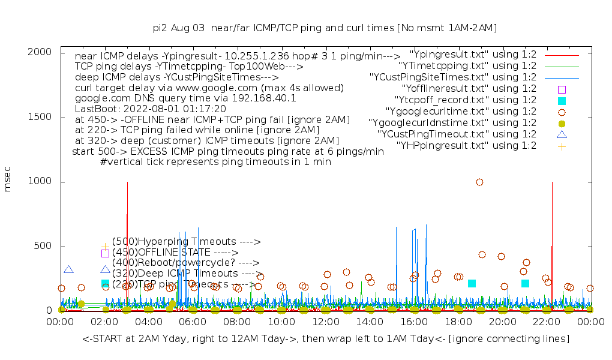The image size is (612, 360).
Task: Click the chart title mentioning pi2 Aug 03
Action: (325, 28)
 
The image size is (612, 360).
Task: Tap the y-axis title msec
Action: (8, 181)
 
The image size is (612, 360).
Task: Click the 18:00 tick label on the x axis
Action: (458, 322)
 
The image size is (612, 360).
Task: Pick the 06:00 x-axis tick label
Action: (193, 322)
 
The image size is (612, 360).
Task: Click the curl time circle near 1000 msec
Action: (479, 182)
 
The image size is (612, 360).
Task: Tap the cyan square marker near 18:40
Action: (472, 283)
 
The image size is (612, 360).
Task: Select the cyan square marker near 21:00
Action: (525, 283)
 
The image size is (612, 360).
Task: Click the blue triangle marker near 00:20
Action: (68, 270)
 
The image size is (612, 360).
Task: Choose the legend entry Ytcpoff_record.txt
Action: (466, 100)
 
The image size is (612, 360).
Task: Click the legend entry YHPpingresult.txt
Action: (466, 146)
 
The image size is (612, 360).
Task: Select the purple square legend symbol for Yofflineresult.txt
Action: (562, 89)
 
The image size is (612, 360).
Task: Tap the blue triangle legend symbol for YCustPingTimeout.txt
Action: (562, 135)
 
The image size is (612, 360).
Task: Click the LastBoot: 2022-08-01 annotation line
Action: (150, 109)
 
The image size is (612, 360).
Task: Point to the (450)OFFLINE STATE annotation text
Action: (175, 253)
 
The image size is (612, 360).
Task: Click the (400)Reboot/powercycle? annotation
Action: (185, 263)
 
